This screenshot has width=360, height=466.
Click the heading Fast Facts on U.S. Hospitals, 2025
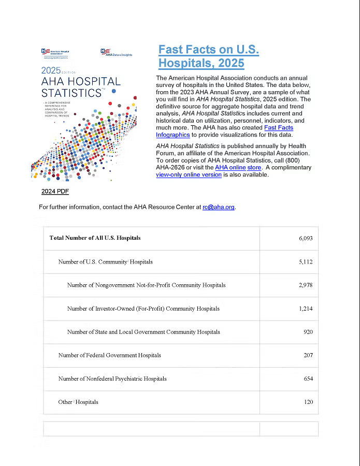(208, 56)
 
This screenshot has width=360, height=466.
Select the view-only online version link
(189, 175)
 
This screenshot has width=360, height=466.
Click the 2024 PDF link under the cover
(55, 192)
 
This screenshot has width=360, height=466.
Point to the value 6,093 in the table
(306, 238)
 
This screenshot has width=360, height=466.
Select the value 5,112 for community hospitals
(306, 262)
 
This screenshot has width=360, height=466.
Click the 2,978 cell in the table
(306, 285)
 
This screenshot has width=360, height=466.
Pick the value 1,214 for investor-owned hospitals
(306, 309)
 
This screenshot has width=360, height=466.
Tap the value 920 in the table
(308, 332)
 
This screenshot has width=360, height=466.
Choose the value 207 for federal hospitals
(308, 355)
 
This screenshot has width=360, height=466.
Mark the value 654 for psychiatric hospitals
(308, 378)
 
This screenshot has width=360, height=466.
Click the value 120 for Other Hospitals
(308, 402)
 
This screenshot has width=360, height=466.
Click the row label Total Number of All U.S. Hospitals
(95, 238)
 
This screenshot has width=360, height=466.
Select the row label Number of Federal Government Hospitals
(109, 355)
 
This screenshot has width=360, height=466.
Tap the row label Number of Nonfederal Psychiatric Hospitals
(112, 378)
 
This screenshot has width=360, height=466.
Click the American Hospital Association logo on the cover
(55, 53)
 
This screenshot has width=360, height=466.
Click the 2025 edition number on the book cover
(51, 71)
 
